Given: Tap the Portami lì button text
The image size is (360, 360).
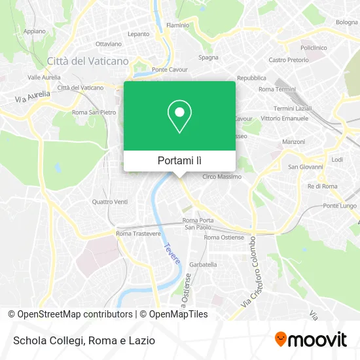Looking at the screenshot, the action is tap(179, 160).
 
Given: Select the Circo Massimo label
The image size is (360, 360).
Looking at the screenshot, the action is tap(222, 177).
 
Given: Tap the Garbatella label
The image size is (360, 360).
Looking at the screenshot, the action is tap(203, 264).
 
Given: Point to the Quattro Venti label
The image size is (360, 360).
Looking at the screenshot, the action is tap(111, 202).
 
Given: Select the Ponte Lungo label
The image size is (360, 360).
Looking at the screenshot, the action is tap(339, 206).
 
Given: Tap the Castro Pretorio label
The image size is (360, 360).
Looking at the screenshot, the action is tap(289, 60).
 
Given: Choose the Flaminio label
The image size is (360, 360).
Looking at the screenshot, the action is tap(177, 25).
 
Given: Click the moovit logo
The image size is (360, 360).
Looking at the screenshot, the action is tap(310, 339).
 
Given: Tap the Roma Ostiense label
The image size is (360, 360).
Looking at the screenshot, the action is tap(222, 238).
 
